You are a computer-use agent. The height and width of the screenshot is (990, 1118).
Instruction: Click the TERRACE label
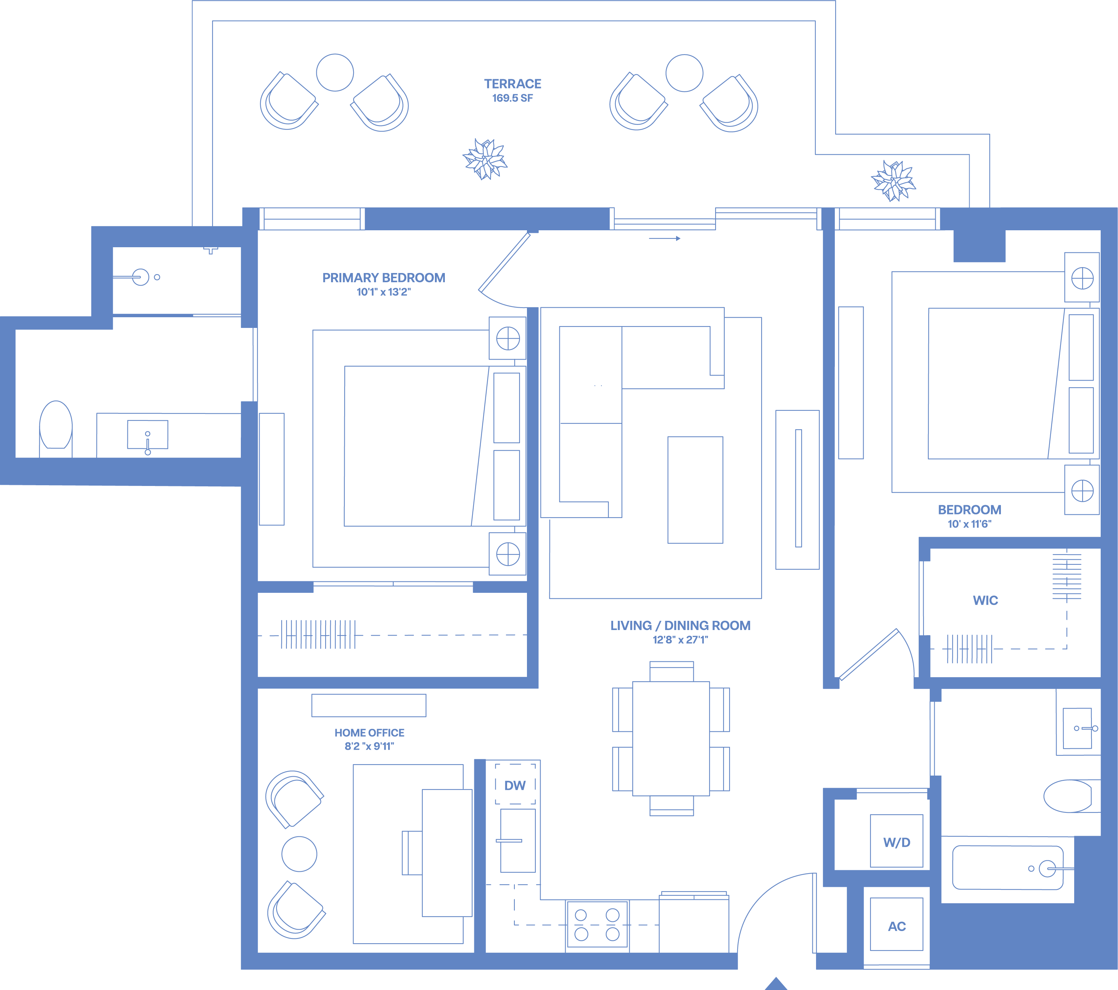pos(513,84)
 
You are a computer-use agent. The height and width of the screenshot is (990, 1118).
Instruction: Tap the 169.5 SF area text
pos(513,98)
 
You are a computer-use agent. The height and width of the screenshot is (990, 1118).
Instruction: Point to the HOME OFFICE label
pos(369,733)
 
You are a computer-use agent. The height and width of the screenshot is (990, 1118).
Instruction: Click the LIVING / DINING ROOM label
pos(681,626)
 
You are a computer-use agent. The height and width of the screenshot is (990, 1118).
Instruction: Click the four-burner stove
pos(597,924)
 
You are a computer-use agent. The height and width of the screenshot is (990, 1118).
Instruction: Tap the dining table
pos(671,738)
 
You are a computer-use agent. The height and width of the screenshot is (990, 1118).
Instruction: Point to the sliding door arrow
pos(665,239)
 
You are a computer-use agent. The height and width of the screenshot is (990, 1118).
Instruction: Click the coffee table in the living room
pos(695,490)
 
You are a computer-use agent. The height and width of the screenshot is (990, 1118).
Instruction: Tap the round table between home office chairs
pos(299,854)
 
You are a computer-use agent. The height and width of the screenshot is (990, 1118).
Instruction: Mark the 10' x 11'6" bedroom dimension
pos(969,524)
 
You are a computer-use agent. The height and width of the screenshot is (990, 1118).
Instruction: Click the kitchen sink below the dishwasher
pos(517,840)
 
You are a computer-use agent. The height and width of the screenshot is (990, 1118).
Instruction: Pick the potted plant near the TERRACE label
pos(485,159)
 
